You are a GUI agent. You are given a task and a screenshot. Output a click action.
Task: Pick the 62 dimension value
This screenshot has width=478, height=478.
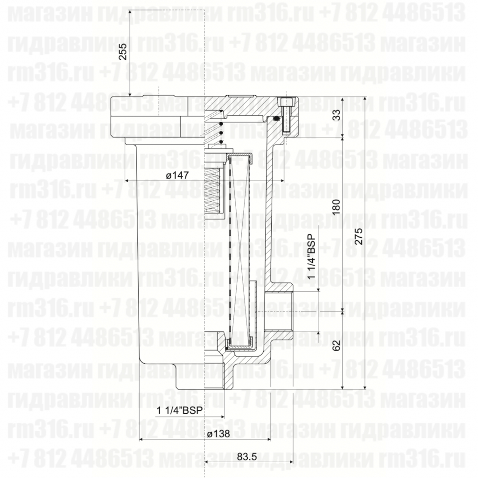click(335, 345)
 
